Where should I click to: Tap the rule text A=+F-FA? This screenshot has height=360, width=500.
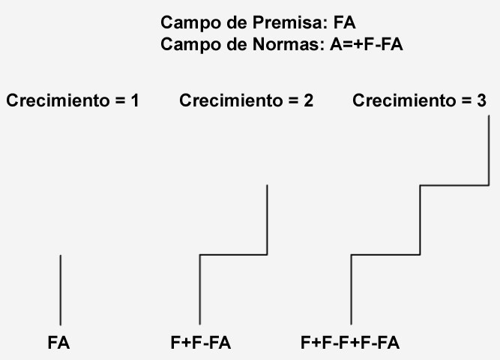click(367, 44)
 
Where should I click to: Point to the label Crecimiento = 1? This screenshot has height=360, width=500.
click(73, 100)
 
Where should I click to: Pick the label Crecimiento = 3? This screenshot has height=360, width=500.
click(419, 100)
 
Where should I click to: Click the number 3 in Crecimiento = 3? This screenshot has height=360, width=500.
click(481, 100)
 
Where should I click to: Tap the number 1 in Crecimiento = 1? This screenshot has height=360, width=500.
click(134, 100)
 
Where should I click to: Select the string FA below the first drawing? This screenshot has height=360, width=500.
click(58, 343)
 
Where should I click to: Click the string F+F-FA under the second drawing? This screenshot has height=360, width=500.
click(201, 343)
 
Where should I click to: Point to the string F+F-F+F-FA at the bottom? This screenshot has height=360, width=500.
click(350, 343)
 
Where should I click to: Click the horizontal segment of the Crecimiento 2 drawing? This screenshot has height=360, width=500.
click(233, 255)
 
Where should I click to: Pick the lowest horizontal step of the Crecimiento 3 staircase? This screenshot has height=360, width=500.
click(385, 255)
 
